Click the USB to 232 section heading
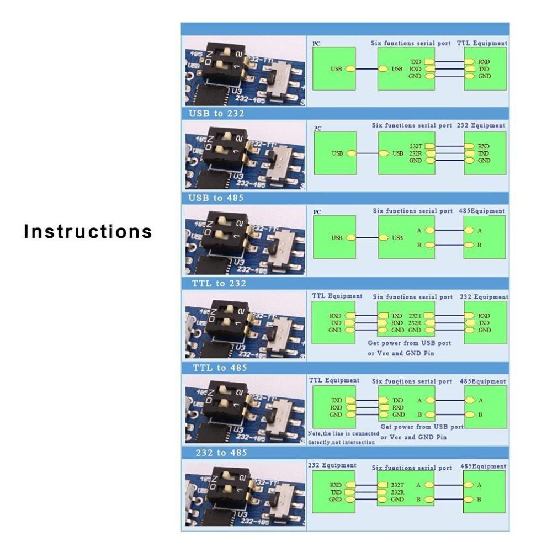click(217, 114)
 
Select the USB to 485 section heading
click(217, 198)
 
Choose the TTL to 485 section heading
click(219, 368)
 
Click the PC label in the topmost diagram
click(316, 43)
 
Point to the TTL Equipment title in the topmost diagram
click(482, 43)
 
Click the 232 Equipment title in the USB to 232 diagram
click(481, 126)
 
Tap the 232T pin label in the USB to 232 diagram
click(416, 146)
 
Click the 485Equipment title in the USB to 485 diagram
click(482, 211)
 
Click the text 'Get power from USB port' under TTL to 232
click(409, 343)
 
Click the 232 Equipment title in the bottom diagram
click(332, 465)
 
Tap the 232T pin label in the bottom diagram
click(397, 485)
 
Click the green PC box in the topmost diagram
click(334, 68)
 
